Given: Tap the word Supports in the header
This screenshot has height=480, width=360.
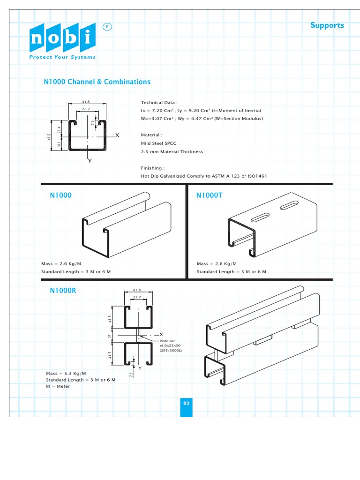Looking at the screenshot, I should click(327, 25).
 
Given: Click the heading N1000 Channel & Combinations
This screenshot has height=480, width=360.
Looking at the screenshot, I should click(97, 82).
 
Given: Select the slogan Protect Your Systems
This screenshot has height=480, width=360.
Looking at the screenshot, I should click(62, 57).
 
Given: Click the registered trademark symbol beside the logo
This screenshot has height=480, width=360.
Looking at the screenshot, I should click(107, 27).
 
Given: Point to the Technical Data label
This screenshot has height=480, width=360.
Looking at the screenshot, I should click(159, 102).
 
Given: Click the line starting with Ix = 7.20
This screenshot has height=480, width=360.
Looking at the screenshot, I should click(201, 111).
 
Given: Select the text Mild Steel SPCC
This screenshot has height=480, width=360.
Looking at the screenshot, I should click(158, 143).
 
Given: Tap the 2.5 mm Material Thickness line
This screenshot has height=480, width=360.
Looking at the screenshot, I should click(172, 152).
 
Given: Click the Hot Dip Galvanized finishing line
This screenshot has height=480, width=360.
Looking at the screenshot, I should click(204, 176).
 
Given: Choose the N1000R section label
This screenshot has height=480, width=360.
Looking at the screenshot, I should click(63, 291).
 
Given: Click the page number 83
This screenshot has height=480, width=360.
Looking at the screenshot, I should click(186, 403).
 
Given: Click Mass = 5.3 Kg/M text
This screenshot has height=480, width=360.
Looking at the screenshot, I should click(66, 373).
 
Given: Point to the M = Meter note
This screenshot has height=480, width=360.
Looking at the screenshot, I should click(58, 386).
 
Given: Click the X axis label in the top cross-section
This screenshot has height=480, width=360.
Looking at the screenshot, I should click(117, 135).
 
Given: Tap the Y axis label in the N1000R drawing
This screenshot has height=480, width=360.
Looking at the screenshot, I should click(140, 368).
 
